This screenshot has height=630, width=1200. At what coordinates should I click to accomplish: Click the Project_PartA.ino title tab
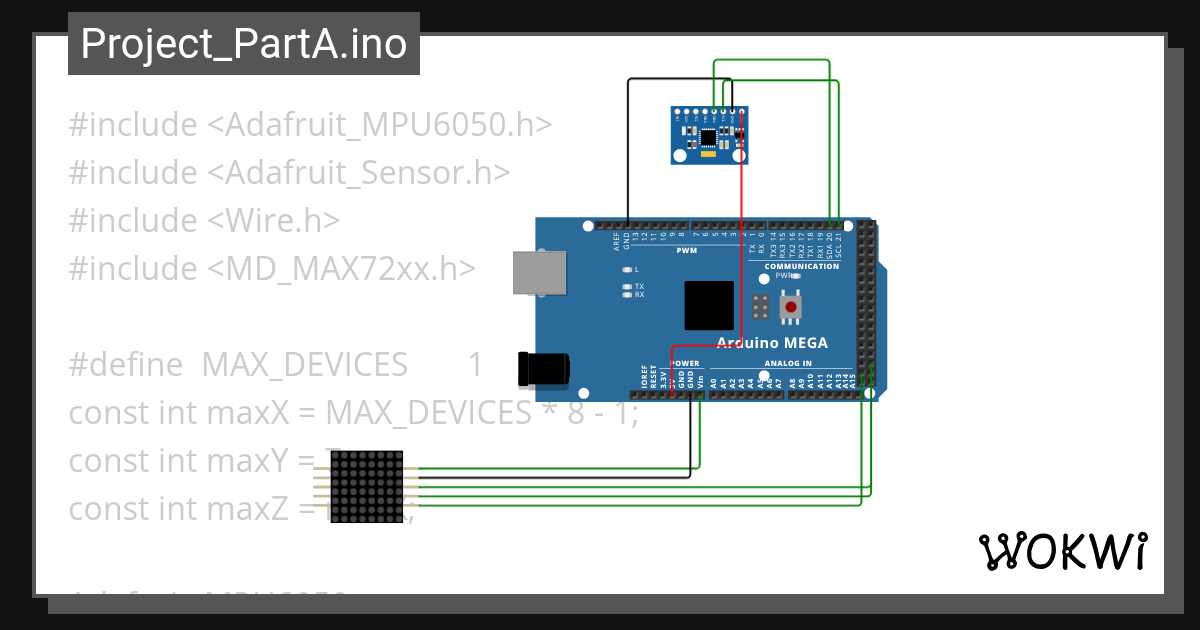coord(243,44)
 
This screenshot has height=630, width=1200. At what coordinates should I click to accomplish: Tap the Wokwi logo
coord(1062,551)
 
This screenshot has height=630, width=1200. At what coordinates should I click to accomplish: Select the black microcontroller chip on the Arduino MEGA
coord(709,305)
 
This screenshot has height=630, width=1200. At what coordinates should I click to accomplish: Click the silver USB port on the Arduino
coord(538,272)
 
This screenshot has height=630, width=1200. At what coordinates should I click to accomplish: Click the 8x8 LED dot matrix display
coord(366,486)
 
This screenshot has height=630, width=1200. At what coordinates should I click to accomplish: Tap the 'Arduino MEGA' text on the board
coord(771,343)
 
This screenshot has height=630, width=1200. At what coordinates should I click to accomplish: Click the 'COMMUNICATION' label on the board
coord(801,267)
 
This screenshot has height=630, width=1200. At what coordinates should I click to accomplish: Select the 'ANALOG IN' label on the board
coord(788,363)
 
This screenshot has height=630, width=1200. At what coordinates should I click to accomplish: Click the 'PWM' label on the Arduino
coord(686,251)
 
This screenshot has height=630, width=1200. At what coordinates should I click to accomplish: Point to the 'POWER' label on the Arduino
coord(685,363)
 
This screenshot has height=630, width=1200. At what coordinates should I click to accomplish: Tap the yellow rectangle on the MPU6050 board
coord(708,153)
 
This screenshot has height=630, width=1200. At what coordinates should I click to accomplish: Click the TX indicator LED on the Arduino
coord(627,286)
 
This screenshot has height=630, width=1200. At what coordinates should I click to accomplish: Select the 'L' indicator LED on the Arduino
coord(627,270)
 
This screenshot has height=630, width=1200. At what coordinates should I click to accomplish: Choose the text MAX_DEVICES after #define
coord(304,365)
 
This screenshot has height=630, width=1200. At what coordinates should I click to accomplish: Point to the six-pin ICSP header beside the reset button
coord(760,306)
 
